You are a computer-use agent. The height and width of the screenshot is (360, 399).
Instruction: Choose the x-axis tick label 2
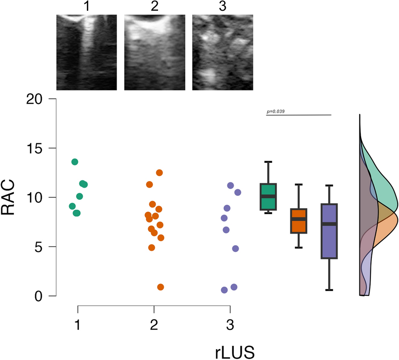click(x=154, y=325)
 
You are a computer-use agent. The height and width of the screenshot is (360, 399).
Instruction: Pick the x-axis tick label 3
click(x=230, y=325)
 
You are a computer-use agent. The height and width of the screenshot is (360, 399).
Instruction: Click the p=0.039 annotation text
click(x=276, y=111)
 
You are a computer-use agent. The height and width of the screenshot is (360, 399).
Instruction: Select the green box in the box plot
click(x=268, y=196)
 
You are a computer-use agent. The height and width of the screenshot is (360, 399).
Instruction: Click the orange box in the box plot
click(x=298, y=220)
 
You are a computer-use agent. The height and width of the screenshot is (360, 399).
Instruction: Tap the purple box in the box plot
click(x=329, y=231)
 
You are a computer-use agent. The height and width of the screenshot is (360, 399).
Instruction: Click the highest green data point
click(x=75, y=162)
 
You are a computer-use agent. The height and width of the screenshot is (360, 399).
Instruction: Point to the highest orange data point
click(x=159, y=172)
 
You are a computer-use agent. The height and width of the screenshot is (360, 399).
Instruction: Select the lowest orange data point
click(x=160, y=287)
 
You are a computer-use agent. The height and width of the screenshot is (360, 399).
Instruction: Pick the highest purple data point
click(x=231, y=185)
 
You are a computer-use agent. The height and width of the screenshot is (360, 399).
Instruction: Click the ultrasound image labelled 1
click(x=86, y=52)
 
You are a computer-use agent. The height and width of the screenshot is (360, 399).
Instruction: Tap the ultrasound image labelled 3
click(x=223, y=52)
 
